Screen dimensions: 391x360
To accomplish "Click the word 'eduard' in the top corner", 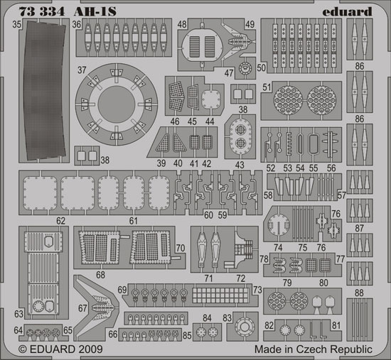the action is (x=347, y=11).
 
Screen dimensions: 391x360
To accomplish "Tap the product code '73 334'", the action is (x=42, y=11).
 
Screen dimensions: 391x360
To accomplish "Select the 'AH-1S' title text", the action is (x=95, y=11).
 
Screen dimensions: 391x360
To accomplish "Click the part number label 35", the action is (x=17, y=24).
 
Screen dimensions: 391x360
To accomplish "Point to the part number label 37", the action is (x=82, y=70).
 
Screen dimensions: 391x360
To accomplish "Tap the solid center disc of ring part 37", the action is (x=117, y=104).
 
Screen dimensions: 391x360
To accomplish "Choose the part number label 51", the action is (x=267, y=87).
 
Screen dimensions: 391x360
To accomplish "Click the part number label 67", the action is (x=82, y=308).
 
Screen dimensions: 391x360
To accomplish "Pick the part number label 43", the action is (x=240, y=165).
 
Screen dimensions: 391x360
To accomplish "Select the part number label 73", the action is (x=257, y=290).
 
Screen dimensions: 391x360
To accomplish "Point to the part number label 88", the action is (x=359, y=293).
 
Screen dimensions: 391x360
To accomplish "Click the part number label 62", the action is (x=60, y=221).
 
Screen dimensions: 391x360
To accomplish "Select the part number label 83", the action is (x=227, y=318).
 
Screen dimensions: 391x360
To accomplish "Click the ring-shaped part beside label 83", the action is (x=245, y=327).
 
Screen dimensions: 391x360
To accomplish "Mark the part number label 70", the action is (x=181, y=248).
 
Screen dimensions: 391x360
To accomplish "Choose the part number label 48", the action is (x=182, y=24).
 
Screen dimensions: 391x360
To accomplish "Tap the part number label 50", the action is (x=261, y=67).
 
